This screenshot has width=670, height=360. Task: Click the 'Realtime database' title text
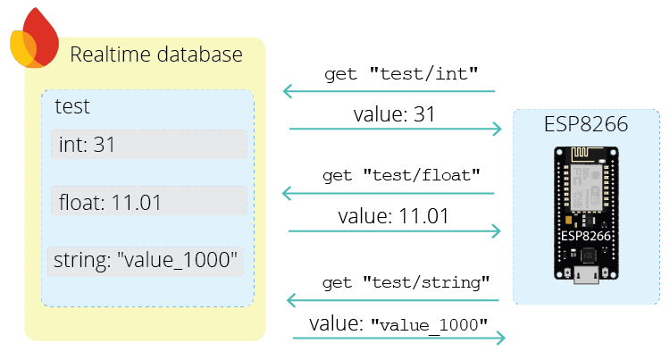tap(156, 54)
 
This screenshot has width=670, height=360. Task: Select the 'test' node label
tap(71, 106)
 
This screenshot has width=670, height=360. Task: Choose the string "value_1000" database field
tap(147, 261)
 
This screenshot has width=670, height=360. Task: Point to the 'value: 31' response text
tap(394, 113)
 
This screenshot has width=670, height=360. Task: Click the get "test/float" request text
tap(408, 175)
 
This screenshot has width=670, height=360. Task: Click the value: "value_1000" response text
tap(398, 322)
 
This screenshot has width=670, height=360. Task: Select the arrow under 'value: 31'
tap(395, 130)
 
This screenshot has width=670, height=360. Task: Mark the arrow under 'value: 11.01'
tap(395, 230)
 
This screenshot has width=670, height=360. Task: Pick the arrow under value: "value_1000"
tap(398, 338)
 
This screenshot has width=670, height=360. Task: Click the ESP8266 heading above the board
tap(586, 125)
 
